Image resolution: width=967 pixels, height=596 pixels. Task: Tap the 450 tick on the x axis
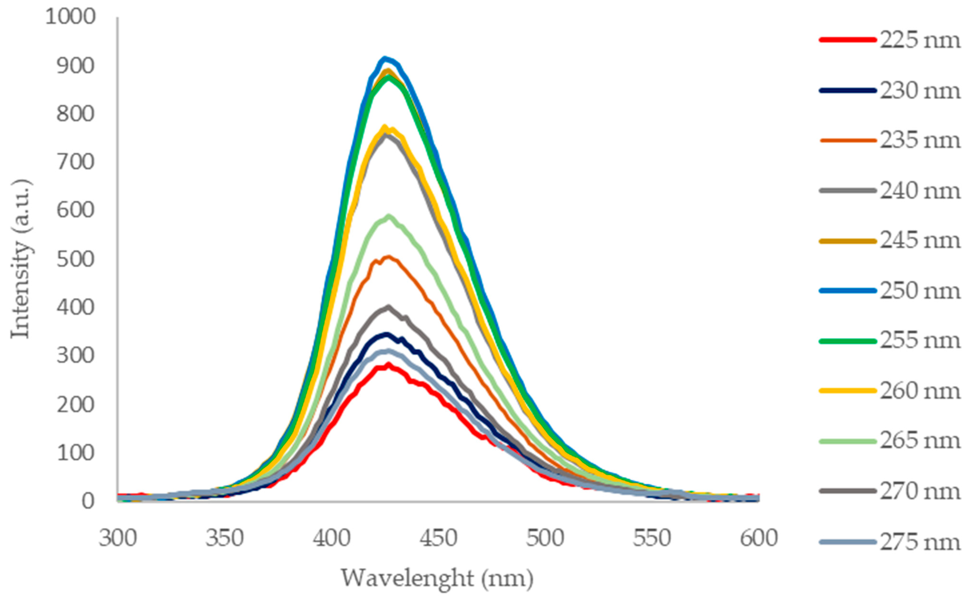[438, 538]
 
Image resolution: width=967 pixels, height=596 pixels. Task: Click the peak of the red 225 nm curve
[388, 365]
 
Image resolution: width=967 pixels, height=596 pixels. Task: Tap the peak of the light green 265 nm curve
[389, 216]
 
